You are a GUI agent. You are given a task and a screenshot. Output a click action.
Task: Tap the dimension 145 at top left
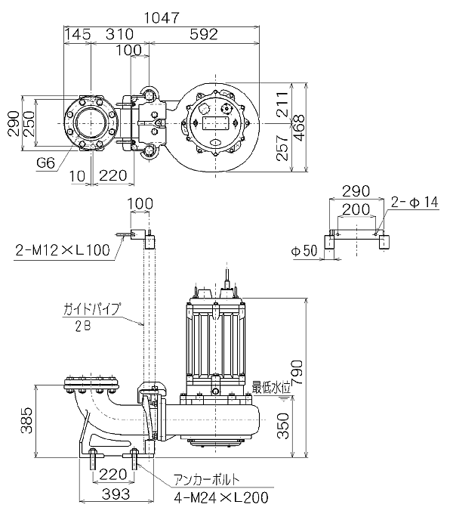79,34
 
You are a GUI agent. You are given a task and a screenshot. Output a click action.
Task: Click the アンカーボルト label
209,479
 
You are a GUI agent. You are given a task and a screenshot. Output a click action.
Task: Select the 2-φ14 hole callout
414,203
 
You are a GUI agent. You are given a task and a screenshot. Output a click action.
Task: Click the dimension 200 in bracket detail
355,209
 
